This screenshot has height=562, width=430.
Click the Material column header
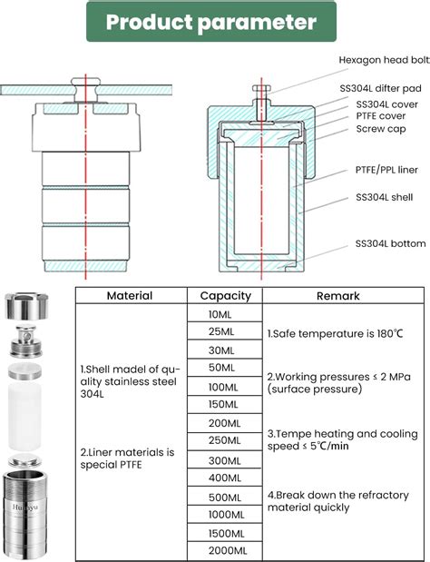(x=129, y=296)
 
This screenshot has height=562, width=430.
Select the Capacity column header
(x=225, y=296)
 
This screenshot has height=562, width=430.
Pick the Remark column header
(x=337, y=296)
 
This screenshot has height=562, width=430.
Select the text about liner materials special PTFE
(x=127, y=458)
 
